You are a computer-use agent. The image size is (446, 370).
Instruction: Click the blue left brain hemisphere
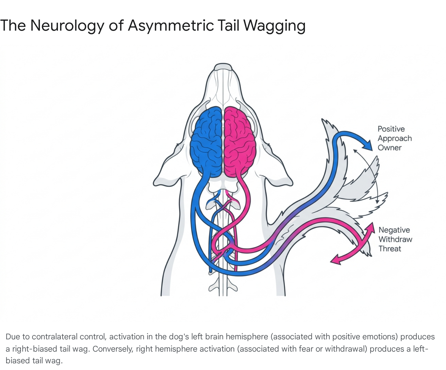206,142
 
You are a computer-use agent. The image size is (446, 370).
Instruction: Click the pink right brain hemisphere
240,142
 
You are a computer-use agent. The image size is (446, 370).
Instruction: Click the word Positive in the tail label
391,129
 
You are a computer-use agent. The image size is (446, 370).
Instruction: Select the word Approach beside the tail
395,138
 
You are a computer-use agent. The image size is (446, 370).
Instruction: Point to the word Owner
389,148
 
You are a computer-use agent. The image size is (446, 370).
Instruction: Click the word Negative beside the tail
394,230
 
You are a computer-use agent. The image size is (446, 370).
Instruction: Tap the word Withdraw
395,239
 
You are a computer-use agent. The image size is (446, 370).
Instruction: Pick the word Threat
390,249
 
